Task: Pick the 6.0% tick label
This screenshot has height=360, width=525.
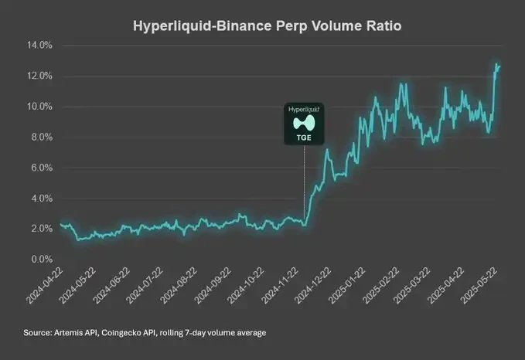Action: point(39,168)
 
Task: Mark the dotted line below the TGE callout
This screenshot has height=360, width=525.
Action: point(304,185)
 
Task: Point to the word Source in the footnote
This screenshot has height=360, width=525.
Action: point(38,333)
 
